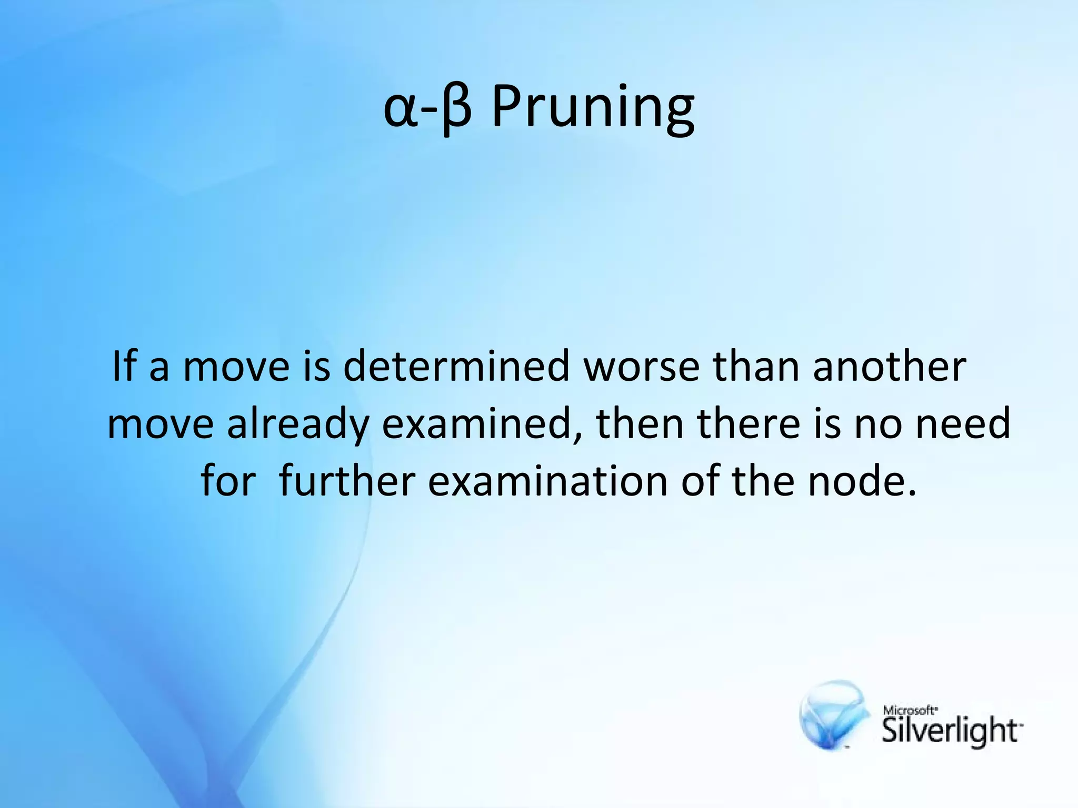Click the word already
pos(297,424)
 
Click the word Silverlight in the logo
pos(950,732)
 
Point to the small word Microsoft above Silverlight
pos(909,710)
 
